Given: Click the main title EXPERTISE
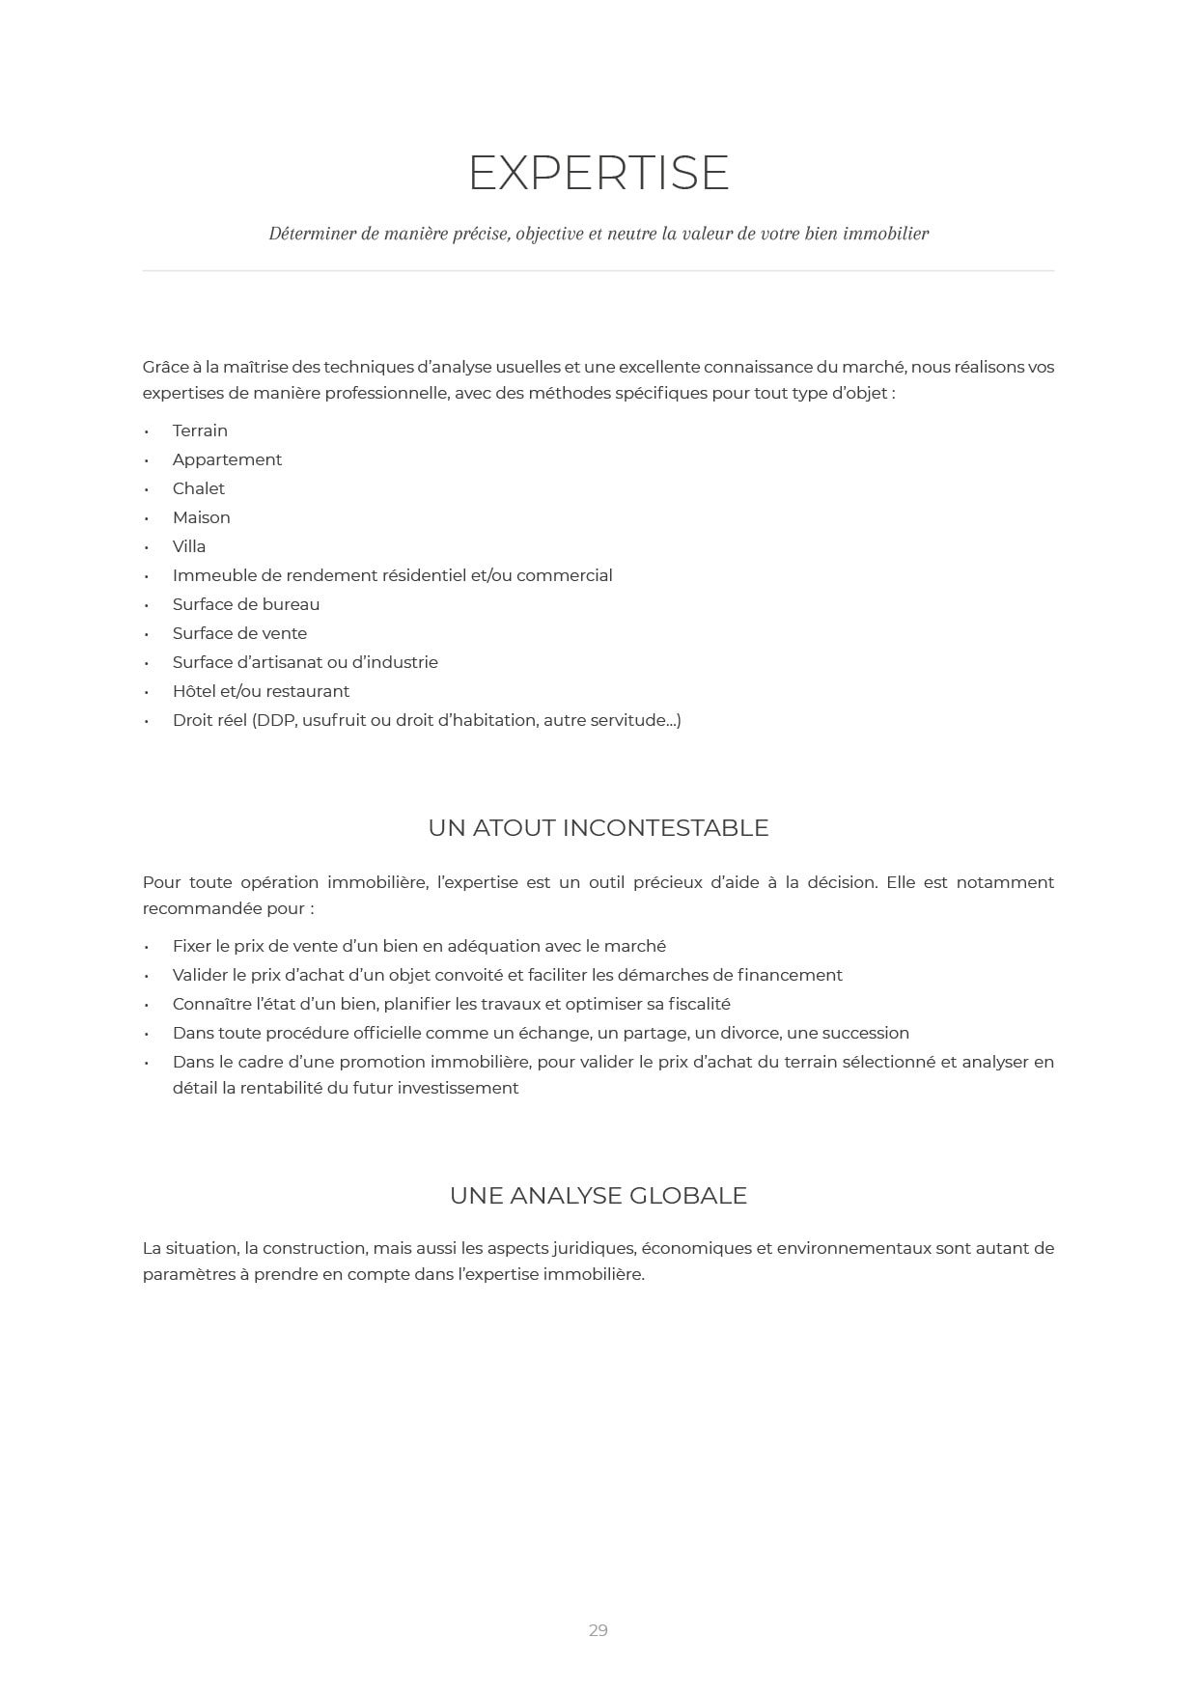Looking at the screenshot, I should click(598, 173).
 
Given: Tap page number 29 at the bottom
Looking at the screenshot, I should click(598, 1630).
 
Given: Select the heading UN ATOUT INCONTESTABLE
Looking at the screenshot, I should click(598, 828).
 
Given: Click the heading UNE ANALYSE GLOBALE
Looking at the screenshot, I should click(598, 1196).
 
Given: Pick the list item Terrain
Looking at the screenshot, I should click(200, 430).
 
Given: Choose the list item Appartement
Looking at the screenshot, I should click(227, 459).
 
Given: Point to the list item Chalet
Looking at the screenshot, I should click(198, 488).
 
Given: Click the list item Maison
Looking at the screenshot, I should click(201, 517).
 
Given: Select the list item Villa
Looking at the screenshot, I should click(189, 546).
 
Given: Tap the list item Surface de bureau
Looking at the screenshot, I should click(246, 604).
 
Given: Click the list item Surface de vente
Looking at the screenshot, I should click(239, 633).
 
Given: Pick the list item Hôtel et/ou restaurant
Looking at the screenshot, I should click(261, 691).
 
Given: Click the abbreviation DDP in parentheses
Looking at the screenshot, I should click(276, 720).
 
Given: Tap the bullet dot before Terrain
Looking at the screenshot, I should click(147, 431).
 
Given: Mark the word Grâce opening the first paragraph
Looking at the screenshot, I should click(165, 367).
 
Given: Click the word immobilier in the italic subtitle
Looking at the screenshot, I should click(885, 234).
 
